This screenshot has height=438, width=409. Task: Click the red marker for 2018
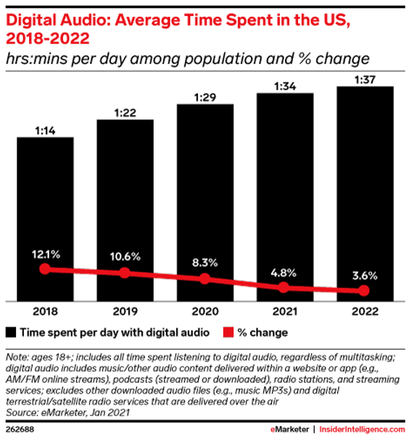coord(45,269)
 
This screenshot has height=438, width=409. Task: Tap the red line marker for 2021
coord(285,287)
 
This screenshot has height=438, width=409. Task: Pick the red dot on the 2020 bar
coord(205,279)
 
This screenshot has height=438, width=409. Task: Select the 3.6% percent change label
coord(365,275)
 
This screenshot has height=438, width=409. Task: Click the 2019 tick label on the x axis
coord(125,312)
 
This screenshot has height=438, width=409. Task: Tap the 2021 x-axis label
coord(285,312)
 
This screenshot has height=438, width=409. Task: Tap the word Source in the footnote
coord(22,412)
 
